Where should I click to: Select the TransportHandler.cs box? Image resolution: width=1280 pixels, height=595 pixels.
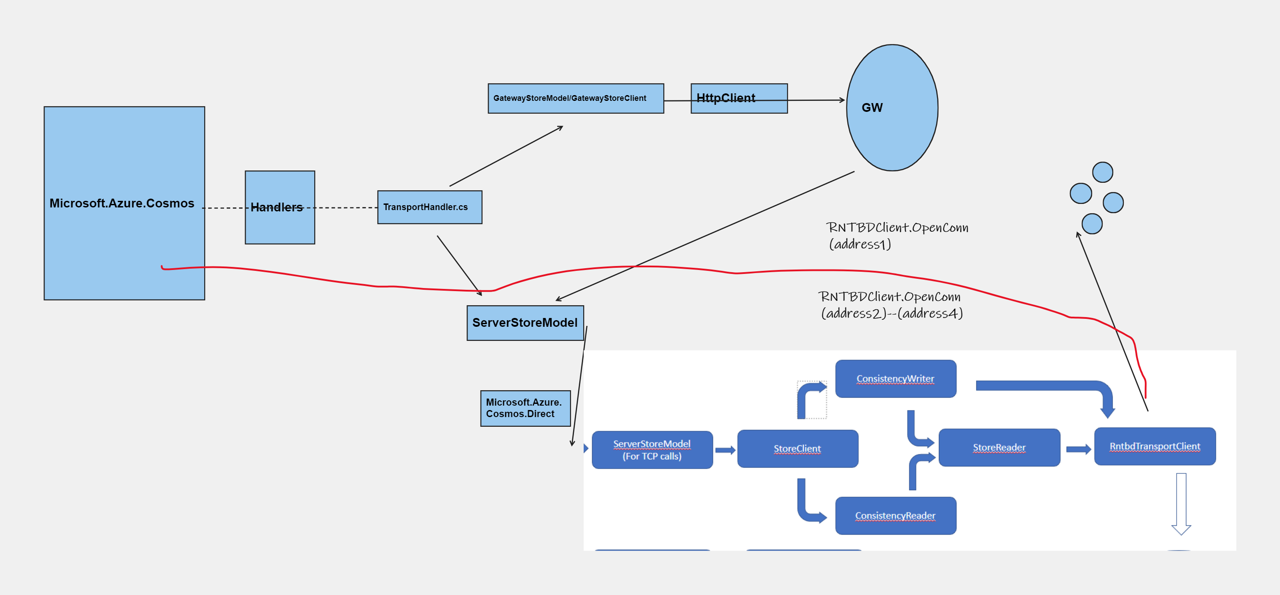(429, 207)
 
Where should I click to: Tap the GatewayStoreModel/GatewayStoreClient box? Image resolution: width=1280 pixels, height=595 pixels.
(575, 98)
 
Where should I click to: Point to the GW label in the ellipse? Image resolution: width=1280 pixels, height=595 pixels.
(872, 108)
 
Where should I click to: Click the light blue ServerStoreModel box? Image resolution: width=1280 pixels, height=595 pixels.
(525, 323)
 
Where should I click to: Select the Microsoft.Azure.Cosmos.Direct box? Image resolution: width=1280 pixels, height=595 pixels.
(525, 408)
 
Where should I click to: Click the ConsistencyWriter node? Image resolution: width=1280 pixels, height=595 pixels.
(895, 379)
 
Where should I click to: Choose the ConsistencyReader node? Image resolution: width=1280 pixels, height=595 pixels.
(895, 516)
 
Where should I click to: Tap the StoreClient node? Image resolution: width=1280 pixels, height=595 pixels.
(797, 449)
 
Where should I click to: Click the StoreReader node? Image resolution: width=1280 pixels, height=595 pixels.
(999, 448)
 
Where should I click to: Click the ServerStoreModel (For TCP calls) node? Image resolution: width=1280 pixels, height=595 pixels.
(652, 450)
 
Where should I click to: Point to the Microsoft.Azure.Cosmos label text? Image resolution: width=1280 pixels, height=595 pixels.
(122, 203)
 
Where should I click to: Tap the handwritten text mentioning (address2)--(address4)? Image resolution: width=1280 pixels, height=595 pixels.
(891, 305)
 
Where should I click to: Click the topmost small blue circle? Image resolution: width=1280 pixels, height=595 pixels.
(1102, 173)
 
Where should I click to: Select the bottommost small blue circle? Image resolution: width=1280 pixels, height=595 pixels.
(1092, 224)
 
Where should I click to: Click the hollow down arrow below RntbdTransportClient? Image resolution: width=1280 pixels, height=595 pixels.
(1181, 503)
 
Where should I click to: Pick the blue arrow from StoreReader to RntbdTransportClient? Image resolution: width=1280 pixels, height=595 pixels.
(1078, 449)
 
